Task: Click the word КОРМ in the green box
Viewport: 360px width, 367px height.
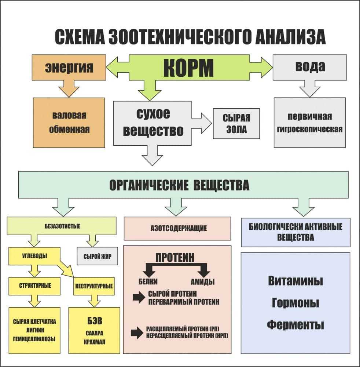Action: [188, 67]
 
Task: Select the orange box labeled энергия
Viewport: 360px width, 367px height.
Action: [69, 67]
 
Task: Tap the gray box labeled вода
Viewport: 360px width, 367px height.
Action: [310, 67]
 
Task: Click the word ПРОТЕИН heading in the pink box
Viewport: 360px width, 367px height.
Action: [175, 257]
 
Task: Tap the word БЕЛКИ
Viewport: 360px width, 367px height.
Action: [148, 282]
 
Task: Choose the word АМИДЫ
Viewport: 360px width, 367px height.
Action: [202, 282]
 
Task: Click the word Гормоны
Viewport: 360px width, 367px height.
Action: [295, 303]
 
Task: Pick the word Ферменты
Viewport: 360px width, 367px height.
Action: [295, 325]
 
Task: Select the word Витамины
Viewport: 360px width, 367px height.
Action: [295, 281]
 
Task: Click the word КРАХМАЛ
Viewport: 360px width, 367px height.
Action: [94, 342]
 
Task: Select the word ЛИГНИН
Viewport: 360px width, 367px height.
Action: [34, 330]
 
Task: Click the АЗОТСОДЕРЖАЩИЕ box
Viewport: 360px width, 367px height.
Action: [178, 228]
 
